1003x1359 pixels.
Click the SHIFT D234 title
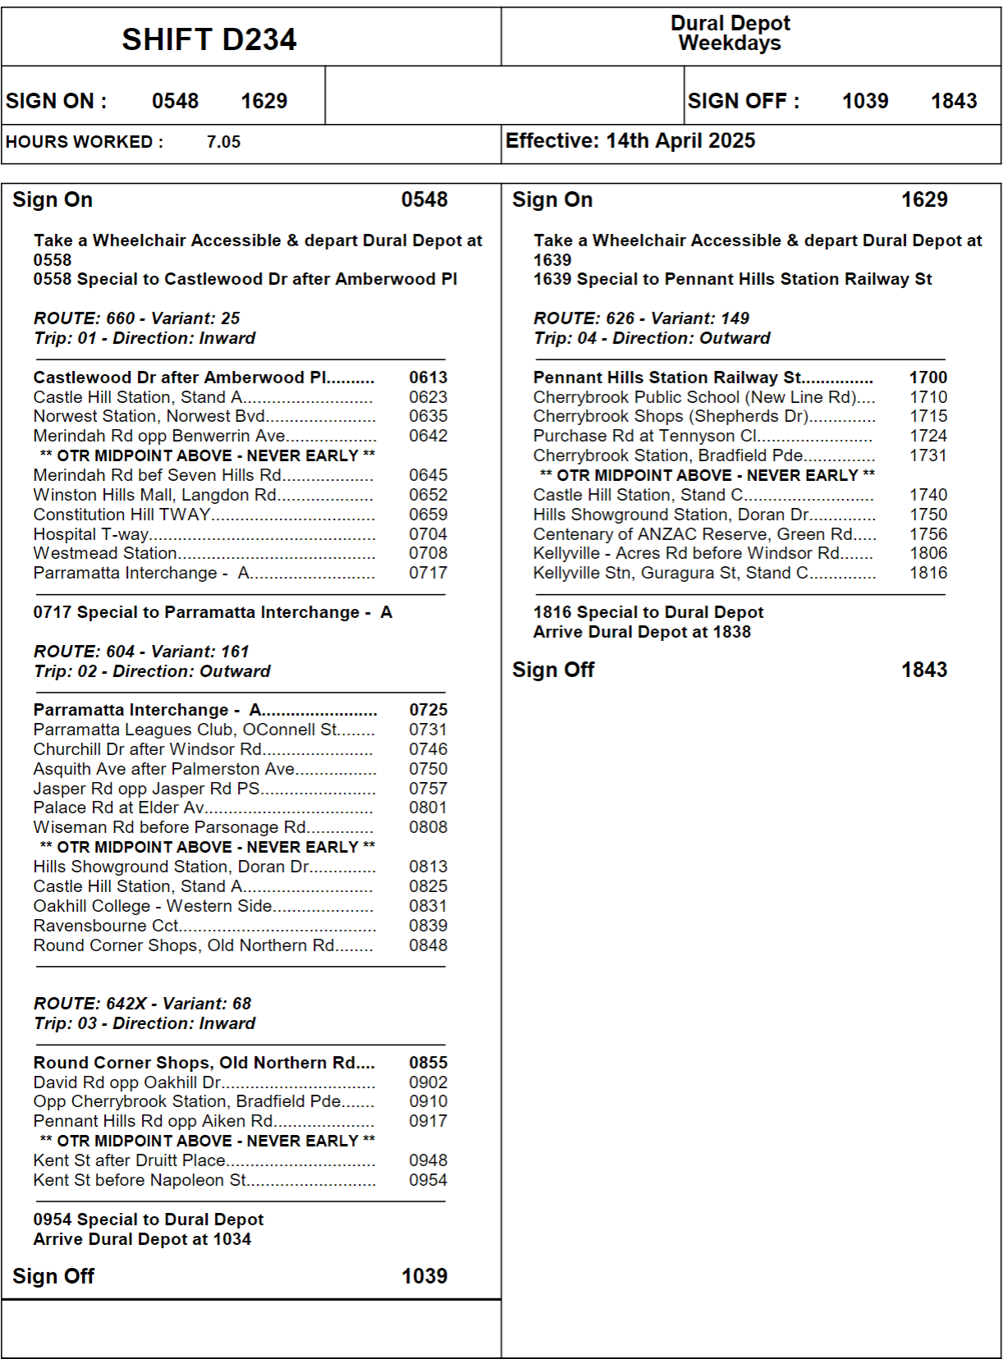click(208, 39)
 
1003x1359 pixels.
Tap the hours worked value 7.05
click(223, 142)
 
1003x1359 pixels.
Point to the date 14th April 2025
click(680, 141)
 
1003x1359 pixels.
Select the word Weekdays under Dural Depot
click(730, 43)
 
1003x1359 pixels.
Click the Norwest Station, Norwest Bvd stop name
click(149, 416)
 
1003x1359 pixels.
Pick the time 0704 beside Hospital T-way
click(428, 534)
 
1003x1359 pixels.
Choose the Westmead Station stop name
click(105, 554)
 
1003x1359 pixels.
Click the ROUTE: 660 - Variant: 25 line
click(136, 318)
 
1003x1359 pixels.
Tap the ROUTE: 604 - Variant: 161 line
click(140, 652)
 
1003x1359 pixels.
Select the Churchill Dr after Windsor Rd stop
click(148, 749)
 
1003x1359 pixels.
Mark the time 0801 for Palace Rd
click(428, 808)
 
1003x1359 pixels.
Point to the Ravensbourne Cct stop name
click(106, 926)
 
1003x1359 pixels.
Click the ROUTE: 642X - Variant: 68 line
click(142, 1004)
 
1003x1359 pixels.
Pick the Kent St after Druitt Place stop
click(129, 1160)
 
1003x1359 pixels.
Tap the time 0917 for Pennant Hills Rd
click(428, 1121)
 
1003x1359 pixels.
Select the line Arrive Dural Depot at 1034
click(142, 1239)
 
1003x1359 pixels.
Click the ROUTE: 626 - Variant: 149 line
click(641, 318)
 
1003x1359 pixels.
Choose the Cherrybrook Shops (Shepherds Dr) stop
click(671, 416)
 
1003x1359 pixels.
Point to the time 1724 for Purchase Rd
click(928, 436)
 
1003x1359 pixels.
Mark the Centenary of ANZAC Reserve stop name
click(693, 534)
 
